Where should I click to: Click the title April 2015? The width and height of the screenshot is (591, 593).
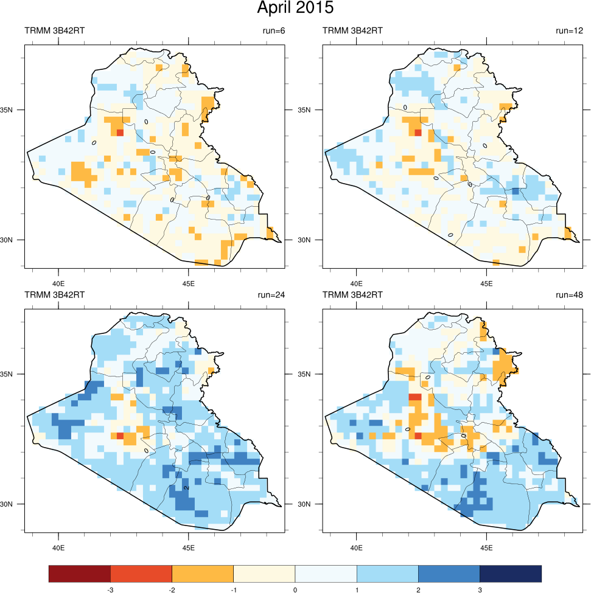click(x=295, y=9)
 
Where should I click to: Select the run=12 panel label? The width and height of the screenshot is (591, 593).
click(x=569, y=30)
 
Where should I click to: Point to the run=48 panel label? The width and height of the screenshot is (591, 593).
click(x=569, y=295)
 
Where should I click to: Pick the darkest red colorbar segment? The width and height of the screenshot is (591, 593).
click(x=80, y=574)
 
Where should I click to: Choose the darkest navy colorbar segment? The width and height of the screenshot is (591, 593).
click(x=511, y=574)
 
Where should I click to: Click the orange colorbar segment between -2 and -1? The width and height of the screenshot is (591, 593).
click(x=203, y=574)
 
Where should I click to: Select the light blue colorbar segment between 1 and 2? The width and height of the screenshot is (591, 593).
click(x=388, y=574)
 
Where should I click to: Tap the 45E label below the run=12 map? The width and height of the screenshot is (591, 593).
click(x=486, y=283)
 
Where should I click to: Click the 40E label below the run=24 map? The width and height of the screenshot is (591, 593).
click(x=58, y=547)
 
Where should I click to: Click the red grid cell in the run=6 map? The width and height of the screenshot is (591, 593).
click(x=120, y=132)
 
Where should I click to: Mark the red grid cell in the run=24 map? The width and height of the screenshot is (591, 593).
click(x=120, y=436)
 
